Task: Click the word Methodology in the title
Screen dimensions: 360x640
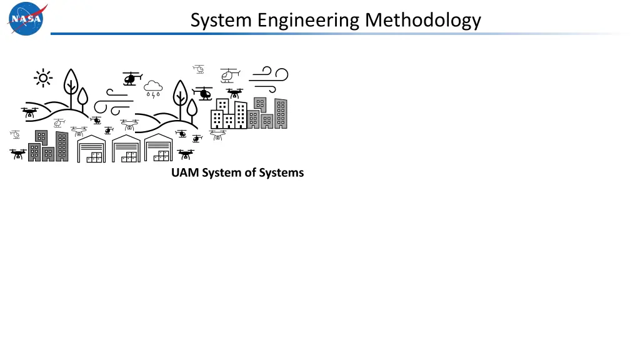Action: click(423, 21)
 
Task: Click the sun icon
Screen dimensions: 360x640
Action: click(43, 77)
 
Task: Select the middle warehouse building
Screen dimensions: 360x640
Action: click(126, 149)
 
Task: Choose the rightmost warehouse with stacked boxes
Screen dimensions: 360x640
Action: click(159, 149)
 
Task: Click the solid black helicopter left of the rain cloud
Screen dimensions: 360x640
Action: click(130, 78)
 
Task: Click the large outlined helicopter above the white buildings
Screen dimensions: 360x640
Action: click(229, 75)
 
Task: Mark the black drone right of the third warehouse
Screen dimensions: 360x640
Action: click(186, 154)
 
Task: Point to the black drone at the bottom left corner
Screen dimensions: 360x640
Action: click(17, 154)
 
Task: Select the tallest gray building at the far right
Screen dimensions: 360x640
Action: click(281, 113)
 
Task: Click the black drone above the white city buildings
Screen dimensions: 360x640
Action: click(234, 94)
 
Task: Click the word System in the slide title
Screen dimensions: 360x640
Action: click(220, 21)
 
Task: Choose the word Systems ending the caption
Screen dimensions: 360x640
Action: click(282, 172)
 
